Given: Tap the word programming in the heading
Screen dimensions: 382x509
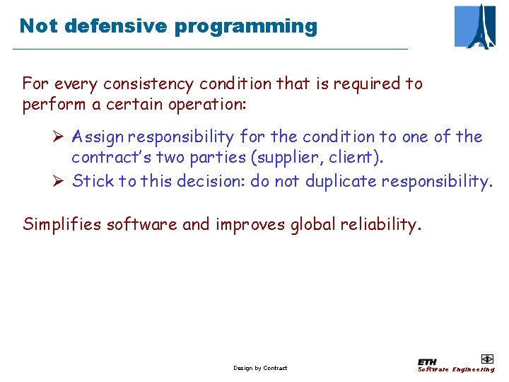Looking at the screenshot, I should coord(246,27).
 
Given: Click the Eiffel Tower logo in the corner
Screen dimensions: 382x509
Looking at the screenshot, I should coord(475,26).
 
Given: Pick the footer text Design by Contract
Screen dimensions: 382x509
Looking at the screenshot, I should coord(260,368).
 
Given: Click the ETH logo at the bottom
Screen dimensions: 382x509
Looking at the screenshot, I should coord(427,361).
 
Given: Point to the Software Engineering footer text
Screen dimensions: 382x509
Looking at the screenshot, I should coord(456,369).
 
